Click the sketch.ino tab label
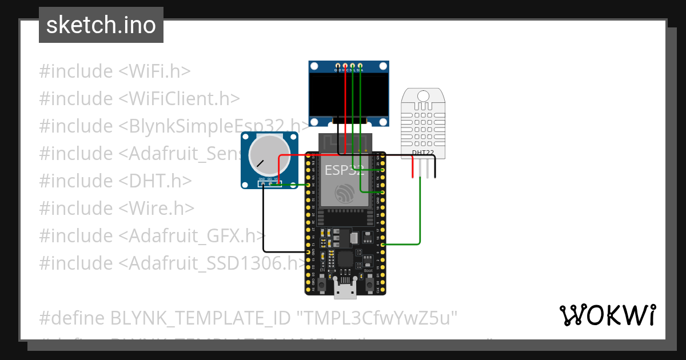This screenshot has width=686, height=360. click(101, 25)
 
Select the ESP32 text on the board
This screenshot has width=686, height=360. click(343, 170)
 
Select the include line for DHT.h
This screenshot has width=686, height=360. click(115, 181)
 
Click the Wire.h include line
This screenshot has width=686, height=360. click(116, 208)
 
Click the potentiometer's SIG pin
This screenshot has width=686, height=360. click(269, 183)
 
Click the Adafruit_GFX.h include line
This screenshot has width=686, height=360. click(152, 235)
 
